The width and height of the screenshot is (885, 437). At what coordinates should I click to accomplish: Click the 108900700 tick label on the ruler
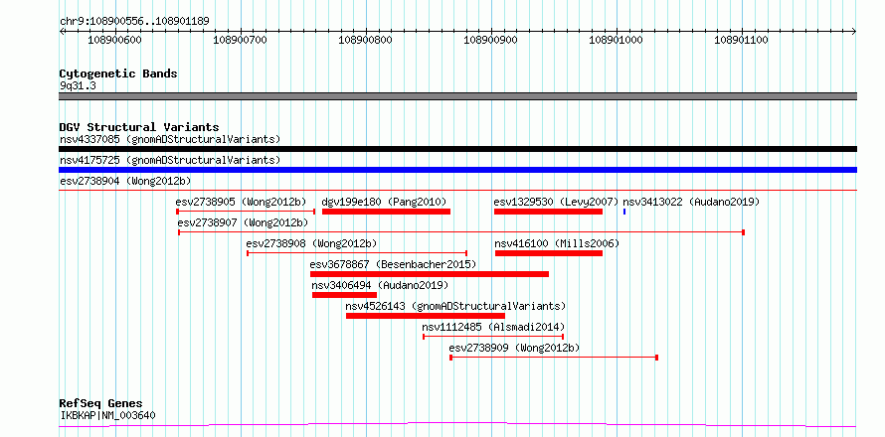click(x=241, y=40)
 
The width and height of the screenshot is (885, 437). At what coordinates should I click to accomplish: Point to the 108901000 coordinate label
click(x=617, y=40)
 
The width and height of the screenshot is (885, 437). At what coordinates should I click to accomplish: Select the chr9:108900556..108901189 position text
click(x=134, y=22)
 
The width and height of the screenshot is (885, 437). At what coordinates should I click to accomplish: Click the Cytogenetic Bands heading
click(x=118, y=73)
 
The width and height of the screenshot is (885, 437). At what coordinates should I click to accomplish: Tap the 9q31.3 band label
click(x=78, y=86)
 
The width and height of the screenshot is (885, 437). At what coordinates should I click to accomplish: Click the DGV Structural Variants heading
click(x=139, y=127)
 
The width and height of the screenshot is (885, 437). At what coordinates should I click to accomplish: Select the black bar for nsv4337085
click(x=457, y=149)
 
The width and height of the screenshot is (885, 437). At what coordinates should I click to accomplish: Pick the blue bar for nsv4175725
click(x=457, y=170)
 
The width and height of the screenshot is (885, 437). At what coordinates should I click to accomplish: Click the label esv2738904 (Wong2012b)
click(x=125, y=181)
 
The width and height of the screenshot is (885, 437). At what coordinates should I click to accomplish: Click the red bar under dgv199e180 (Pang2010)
click(x=386, y=212)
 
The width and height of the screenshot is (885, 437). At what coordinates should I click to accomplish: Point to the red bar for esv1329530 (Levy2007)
click(x=548, y=212)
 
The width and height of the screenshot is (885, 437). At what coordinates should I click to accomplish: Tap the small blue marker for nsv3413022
click(x=624, y=212)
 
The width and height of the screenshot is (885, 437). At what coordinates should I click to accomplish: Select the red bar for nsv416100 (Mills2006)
click(x=549, y=253)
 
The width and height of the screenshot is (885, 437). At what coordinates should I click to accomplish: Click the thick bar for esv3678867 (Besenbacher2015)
click(x=430, y=274)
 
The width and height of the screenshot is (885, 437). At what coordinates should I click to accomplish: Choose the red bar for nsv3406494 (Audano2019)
click(x=344, y=295)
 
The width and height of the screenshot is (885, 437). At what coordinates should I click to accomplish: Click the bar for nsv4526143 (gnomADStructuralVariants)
click(x=425, y=316)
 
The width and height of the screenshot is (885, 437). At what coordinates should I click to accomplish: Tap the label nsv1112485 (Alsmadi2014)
click(x=493, y=327)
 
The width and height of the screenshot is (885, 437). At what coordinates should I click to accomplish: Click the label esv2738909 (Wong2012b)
click(x=514, y=348)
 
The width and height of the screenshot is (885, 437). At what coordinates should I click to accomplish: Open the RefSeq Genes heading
click(x=101, y=404)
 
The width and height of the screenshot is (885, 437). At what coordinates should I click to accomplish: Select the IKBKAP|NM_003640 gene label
click(x=107, y=416)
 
